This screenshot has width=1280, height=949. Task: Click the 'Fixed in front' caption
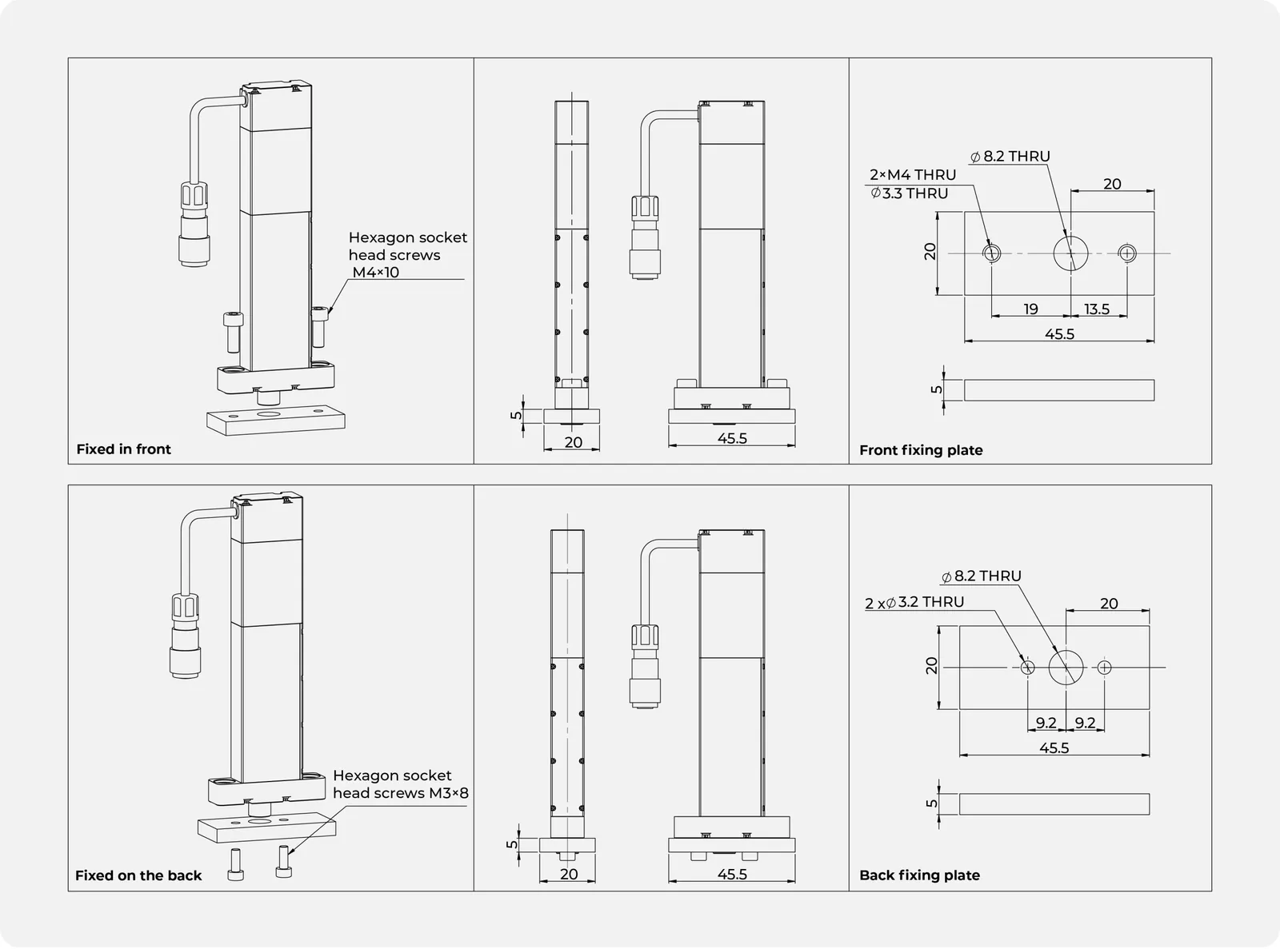pyautogui.click(x=123, y=449)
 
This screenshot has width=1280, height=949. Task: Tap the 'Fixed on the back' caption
pyautogui.click(x=138, y=875)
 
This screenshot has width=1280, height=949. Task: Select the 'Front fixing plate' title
pyautogui.click(x=921, y=451)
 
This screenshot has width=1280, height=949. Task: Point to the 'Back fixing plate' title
pyautogui.click(x=920, y=875)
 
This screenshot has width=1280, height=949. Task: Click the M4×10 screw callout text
pyautogui.click(x=376, y=273)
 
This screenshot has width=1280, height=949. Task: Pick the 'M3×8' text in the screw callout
pyautogui.click(x=449, y=793)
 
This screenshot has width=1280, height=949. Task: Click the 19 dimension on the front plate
pyautogui.click(x=1030, y=309)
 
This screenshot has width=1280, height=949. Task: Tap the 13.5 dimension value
pyautogui.click(x=1097, y=309)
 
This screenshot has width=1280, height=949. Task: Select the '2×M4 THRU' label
pyautogui.click(x=913, y=175)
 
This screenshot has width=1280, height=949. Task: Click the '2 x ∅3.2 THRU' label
pyautogui.click(x=914, y=602)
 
